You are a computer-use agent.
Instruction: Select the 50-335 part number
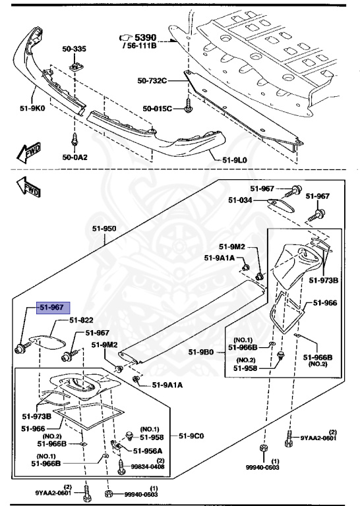pyautogui.click(x=74, y=49)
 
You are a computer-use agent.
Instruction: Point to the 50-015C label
pyautogui.click(x=159, y=108)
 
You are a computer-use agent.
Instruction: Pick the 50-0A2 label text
pyautogui.click(x=75, y=157)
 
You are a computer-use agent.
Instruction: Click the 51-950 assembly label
pyautogui.click(x=104, y=229)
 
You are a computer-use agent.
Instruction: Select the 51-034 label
pyautogui.click(x=241, y=200)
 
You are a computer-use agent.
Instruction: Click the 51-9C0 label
pyautogui.click(x=192, y=436)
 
